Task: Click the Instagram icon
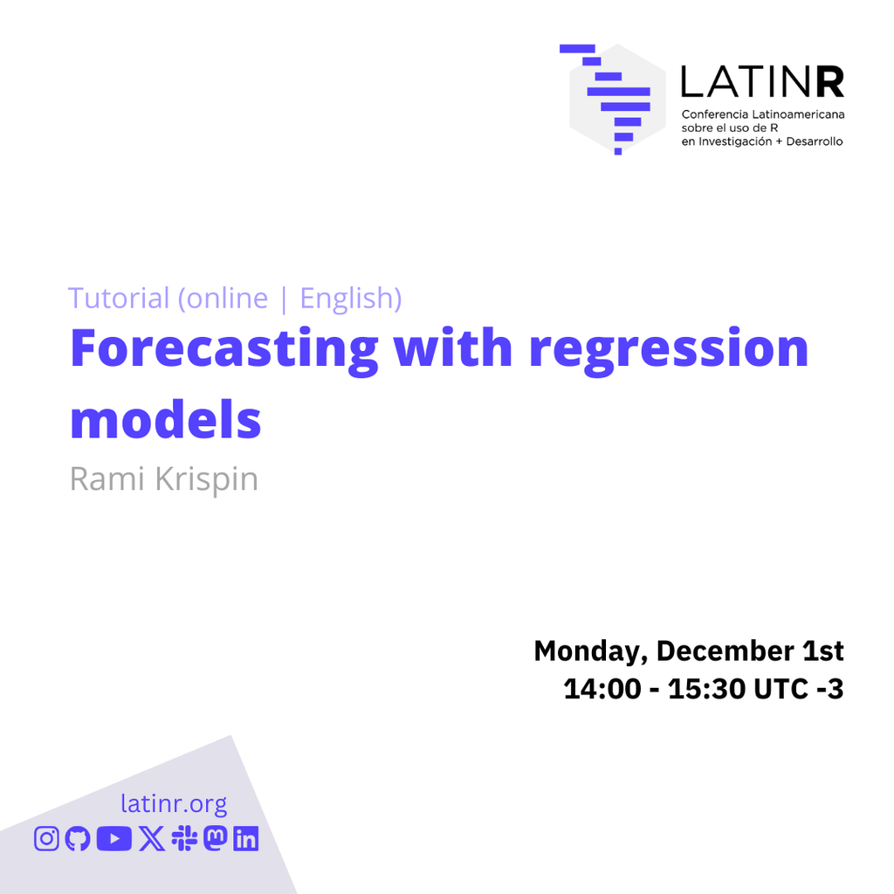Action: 46,839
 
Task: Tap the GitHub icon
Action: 78,839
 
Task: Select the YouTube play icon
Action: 114,839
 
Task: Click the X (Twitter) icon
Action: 152,839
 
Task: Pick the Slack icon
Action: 184,839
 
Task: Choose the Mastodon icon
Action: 216,839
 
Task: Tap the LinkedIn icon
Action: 245,839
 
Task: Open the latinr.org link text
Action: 174,804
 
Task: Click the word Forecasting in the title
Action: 224,349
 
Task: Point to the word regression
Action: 669,349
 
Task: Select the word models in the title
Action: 165,419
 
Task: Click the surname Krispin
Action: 206,479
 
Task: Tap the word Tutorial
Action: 119,298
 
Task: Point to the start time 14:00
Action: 602,689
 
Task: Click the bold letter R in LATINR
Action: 829,81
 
